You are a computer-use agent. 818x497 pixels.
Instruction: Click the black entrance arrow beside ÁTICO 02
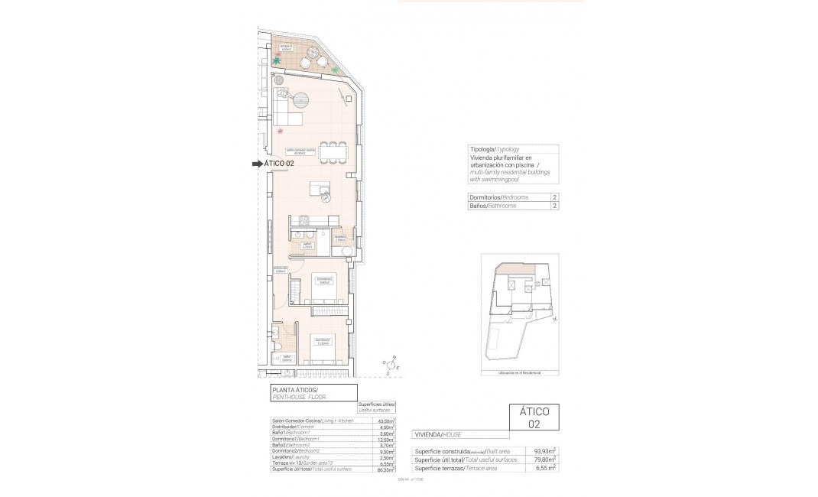click(x=258, y=164)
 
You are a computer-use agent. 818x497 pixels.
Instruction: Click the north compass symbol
click(x=391, y=366)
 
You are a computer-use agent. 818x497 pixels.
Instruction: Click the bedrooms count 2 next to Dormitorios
click(x=553, y=197)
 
